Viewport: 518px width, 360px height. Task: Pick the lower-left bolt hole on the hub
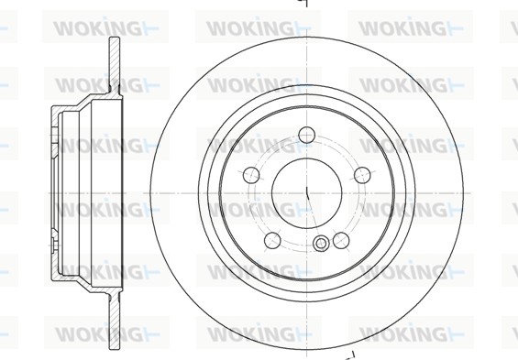pyautogui.click(x=271, y=240)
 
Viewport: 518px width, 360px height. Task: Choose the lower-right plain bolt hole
pyautogui.click(x=340, y=240)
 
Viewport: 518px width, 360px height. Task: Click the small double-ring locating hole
pyautogui.click(x=321, y=244)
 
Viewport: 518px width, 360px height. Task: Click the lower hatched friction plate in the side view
pyautogui.click(x=114, y=307)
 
